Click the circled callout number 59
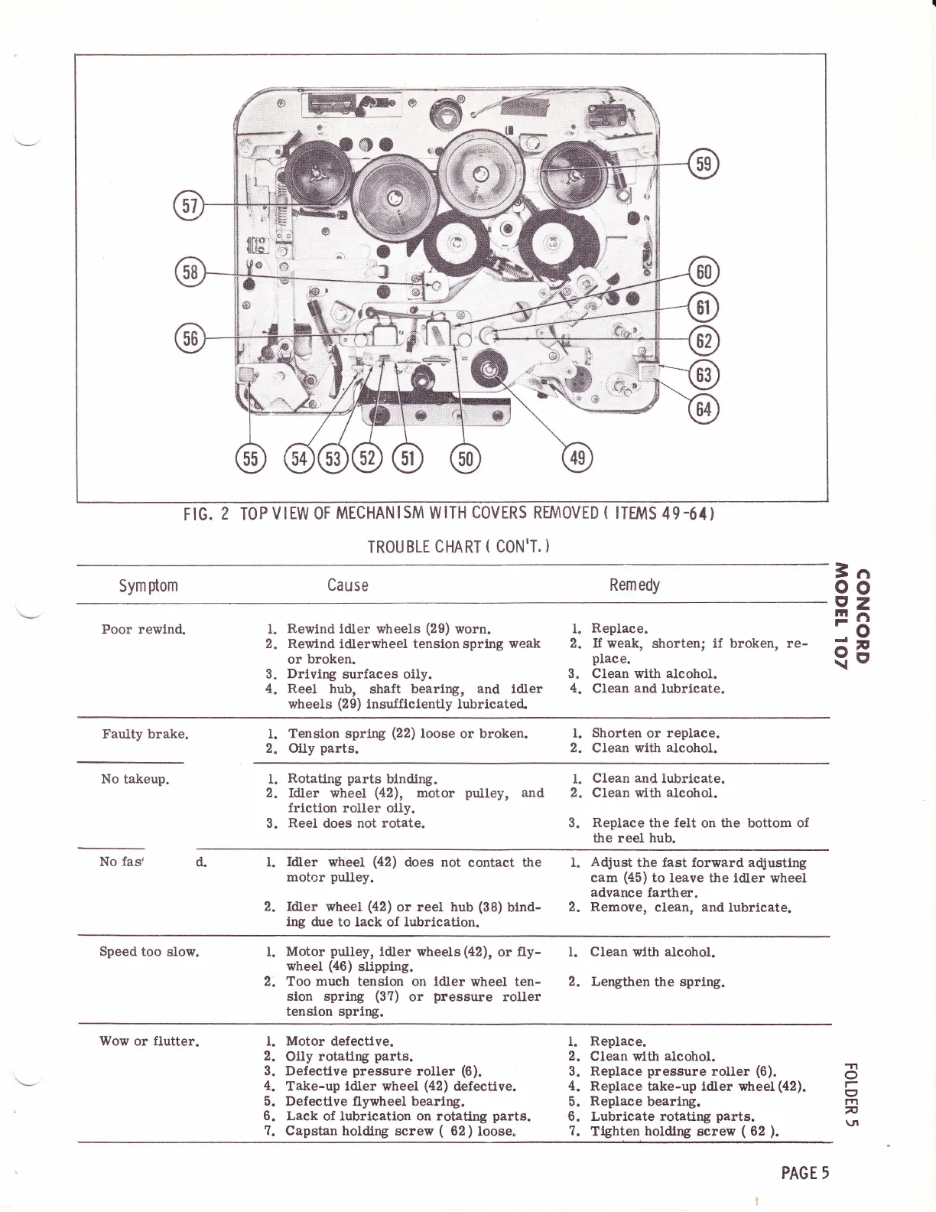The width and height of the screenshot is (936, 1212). [702, 165]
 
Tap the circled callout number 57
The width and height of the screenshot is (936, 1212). [188, 206]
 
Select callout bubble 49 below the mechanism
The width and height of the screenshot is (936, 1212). [577, 458]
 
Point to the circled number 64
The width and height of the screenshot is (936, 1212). [702, 409]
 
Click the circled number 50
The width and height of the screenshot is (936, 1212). [465, 458]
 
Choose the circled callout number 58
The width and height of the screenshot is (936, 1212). [188, 272]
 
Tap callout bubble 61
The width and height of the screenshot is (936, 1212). [702, 308]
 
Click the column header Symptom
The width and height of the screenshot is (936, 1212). [148, 585]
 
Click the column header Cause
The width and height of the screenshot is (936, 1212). [348, 585]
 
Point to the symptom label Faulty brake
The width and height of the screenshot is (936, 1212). [145, 735]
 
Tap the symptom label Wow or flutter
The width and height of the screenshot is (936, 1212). [150, 1041]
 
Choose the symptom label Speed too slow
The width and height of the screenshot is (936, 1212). [149, 952]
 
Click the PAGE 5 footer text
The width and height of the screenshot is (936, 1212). [804, 1173]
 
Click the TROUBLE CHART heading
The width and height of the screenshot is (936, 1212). [459, 547]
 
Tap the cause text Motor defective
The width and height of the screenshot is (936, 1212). [340, 1041]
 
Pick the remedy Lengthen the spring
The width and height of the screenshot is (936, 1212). [657, 982]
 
